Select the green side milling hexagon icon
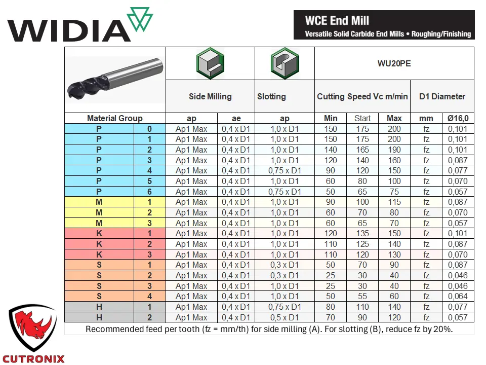[x=210, y=63]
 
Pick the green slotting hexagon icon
[x=285, y=63]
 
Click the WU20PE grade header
[x=394, y=64]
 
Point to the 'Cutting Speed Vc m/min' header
[x=362, y=96]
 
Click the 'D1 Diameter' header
[x=442, y=96]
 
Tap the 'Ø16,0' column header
[x=458, y=118]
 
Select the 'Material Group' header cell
[x=115, y=118]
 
